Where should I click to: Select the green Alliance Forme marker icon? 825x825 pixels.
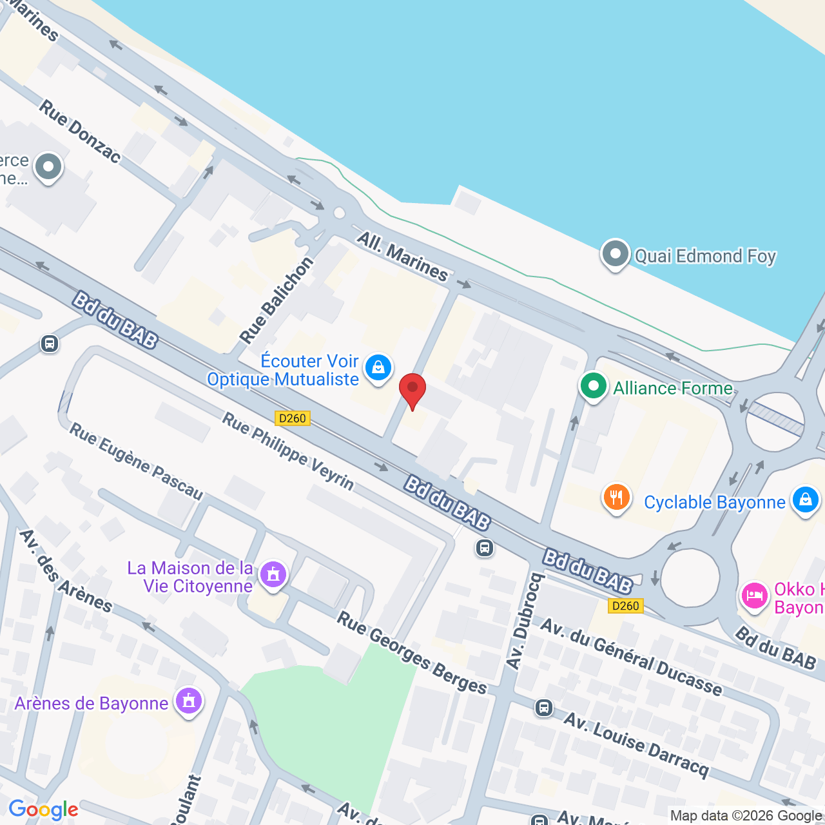(x=593, y=387)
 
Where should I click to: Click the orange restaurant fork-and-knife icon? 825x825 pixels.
(x=616, y=498)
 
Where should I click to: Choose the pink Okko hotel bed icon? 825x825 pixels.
(x=754, y=596)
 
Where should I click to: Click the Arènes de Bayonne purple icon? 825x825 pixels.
(x=189, y=701)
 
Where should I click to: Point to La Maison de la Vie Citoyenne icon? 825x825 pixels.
(x=273, y=574)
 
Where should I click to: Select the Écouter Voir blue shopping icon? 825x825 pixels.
(x=378, y=368)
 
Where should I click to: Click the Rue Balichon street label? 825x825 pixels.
(x=277, y=300)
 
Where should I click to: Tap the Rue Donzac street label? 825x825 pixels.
(x=80, y=131)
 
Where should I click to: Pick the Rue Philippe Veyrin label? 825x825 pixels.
(x=288, y=451)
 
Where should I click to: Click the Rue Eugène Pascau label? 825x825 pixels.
(x=136, y=461)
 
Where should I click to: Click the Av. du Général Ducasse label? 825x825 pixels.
(x=631, y=657)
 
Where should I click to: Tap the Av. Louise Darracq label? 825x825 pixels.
(x=636, y=744)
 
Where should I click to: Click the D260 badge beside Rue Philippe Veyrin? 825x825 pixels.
(x=293, y=418)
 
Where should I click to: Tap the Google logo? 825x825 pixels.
(x=44, y=810)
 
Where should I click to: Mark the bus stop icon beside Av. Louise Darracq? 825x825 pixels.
(x=544, y=708)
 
